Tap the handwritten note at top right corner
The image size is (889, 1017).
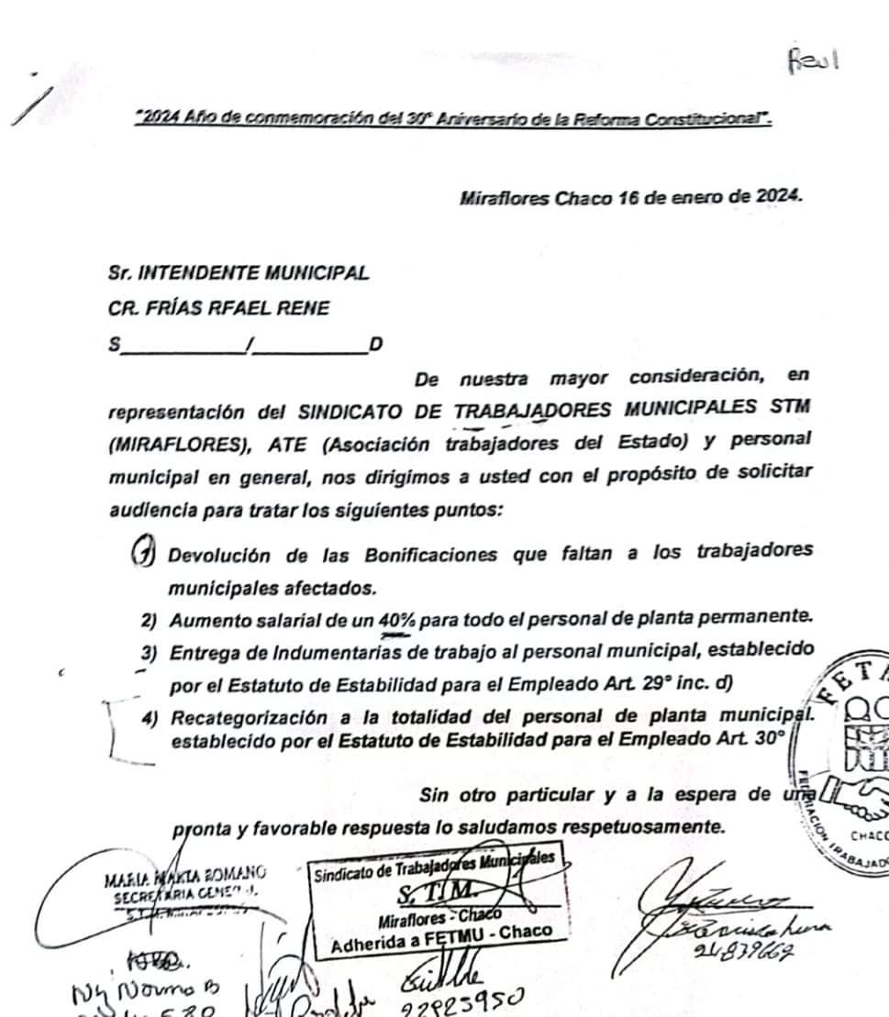(x=813, y=62)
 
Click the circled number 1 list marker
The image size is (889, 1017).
(x=143, y=555)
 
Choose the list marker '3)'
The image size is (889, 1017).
(x=150, y=652)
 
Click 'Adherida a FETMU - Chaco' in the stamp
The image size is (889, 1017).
(x=441, y=932)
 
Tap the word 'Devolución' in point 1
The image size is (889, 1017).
(x=219, y=555)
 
